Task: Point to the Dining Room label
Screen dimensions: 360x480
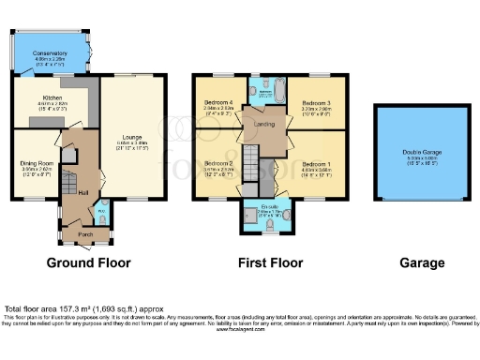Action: (x=37, y=163)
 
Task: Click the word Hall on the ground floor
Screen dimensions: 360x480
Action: (x=83, y=191)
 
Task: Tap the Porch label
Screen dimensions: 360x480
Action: (x=85, y=232)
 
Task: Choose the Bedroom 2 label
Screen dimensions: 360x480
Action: (x=218, y=165)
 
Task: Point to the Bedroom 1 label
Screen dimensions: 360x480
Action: (x=314, y=165)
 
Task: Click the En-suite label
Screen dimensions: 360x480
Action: (x=268, y=205)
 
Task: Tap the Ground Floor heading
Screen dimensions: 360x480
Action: (x=89, y=262)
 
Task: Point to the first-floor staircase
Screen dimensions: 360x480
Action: (x=251, y=160)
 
